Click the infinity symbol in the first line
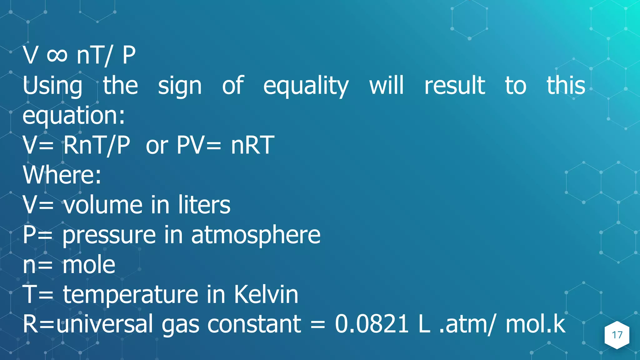tap(57, 56)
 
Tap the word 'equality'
tap(306, 86)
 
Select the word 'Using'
tap(52, 86)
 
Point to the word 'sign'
tap(180, 86)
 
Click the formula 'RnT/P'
tap(97, 145)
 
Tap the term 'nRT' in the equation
tap(252, 145)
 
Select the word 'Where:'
tap(62, 175)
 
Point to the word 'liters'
tap(204, 205)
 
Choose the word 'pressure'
tap(109, 235)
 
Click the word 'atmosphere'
tap(256, 235)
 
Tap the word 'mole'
tap(89, 265)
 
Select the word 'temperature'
tap(131, 294)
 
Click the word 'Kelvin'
tap(266, 294)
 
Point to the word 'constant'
tap(254, 324)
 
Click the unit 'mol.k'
tap(535, 324)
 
